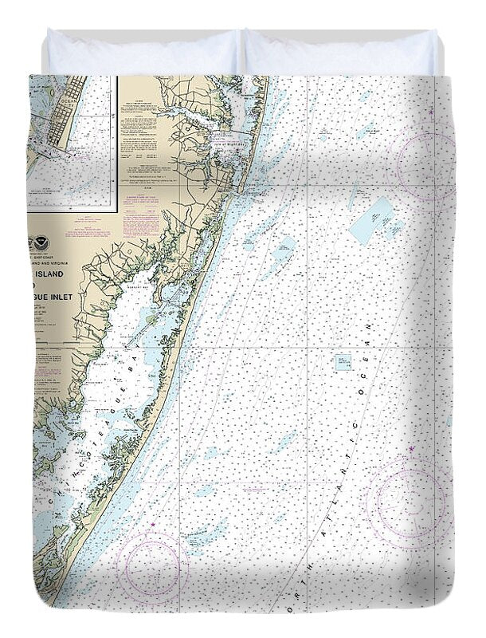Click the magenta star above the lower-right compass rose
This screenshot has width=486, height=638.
tap(412, 451)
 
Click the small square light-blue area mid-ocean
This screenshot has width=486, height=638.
tap(344, 363)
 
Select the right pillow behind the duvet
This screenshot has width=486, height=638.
tap(341, 53)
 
